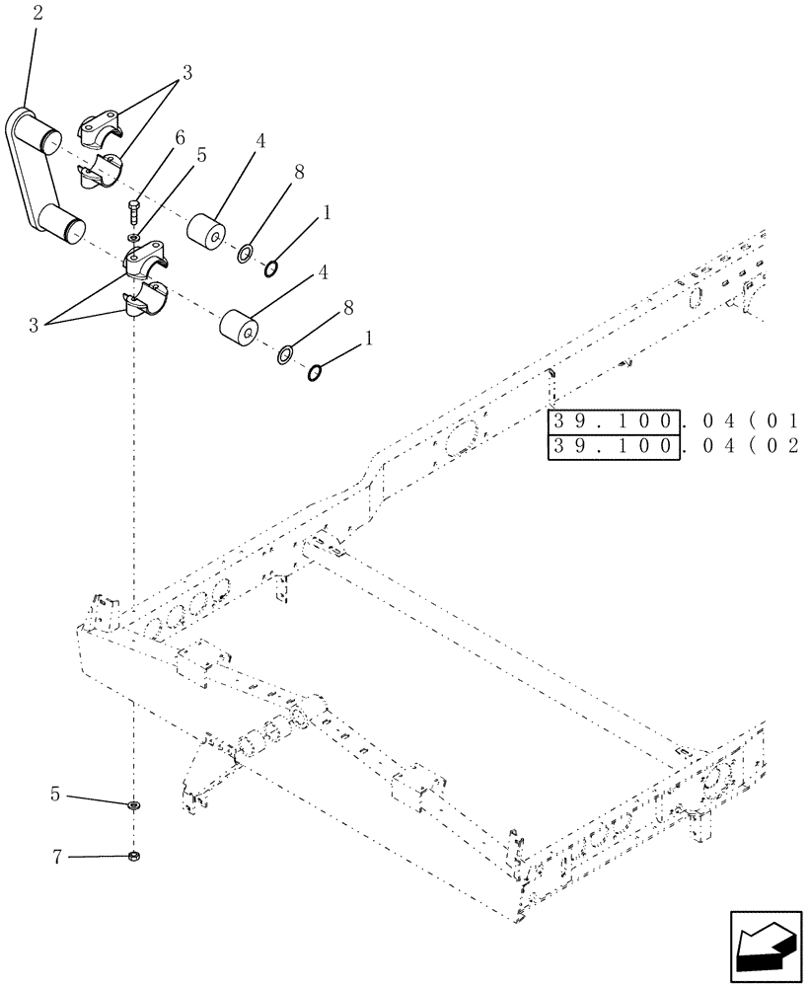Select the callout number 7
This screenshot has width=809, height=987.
pos(58,858)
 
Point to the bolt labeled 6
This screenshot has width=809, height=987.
pos(135,210)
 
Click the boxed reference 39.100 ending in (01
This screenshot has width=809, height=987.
pos(613,422)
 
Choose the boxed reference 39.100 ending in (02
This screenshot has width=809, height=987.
pos(613,448)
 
